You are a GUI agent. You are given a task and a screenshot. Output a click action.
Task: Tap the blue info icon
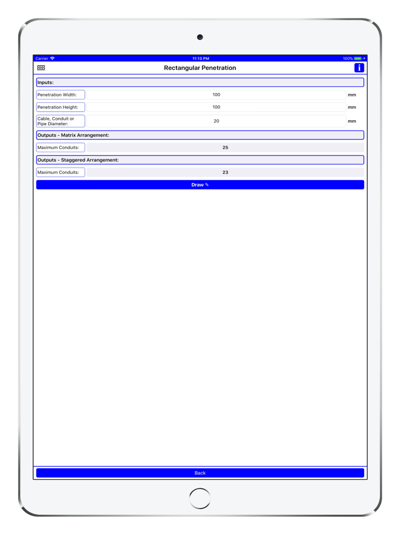coord(359,67)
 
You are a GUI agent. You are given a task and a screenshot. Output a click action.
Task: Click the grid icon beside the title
coord(41,67)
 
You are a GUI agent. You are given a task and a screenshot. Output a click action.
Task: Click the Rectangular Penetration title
coord(200,67)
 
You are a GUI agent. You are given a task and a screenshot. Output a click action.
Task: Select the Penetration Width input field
coord(216,95)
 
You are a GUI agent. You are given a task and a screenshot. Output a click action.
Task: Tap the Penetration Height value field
coord(216,107)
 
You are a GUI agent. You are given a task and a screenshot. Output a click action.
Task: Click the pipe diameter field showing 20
coord(216,121)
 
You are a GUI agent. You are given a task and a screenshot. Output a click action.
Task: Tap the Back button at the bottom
coord(200,473)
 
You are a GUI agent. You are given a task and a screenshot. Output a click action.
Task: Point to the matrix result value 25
coord(225,148)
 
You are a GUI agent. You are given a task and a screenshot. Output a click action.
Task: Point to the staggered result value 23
coord(225,172)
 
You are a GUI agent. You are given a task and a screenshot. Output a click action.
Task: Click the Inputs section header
coord(200,82)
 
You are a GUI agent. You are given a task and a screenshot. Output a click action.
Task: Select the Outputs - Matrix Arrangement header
coord(200,135)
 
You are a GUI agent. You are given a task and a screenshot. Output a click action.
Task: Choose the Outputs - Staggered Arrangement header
coord(200,160)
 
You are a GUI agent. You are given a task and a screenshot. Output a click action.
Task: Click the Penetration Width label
coord(61,95)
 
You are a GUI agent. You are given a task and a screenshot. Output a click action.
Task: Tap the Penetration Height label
coord(61,107)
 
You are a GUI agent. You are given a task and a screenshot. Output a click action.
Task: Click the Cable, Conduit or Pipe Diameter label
coord(61,121)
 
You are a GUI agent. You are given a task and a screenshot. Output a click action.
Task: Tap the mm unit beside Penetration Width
coord(352,95)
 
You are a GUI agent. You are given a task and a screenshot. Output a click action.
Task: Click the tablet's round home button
coord(200,498)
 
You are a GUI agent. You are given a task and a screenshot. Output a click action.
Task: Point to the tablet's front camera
coord(200,37)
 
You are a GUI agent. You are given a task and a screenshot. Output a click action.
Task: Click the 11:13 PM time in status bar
coord(201,58)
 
